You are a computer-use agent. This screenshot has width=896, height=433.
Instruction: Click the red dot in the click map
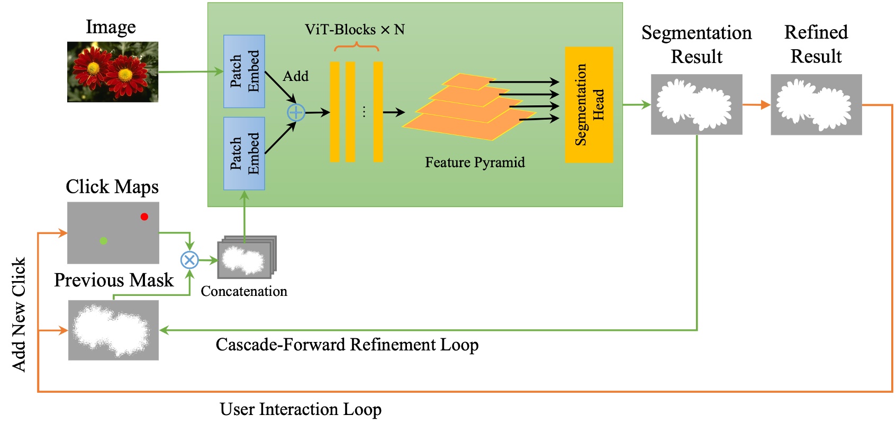click(x=144, y=216)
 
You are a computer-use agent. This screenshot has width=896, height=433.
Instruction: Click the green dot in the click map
click(x=103, y=241)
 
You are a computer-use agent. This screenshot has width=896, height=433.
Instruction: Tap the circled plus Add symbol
click(x=296, y=112)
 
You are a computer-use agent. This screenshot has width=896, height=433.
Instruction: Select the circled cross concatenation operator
click(x=189, y=260)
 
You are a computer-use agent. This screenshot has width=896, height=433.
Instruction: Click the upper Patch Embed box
click(x=244, y=71)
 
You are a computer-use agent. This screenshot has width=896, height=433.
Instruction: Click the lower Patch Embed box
click(x=244, y=154)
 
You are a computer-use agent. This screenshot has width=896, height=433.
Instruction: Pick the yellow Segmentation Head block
click(x=589, y=105)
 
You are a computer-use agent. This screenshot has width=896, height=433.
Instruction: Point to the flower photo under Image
click(x=113, y=72)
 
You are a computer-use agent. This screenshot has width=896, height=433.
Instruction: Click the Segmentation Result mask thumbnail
click(x=696, y=104)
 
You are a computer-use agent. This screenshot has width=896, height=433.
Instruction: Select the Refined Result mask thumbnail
click(x=816, y=104)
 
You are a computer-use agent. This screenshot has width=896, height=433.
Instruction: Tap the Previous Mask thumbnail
click(x=113, y=330)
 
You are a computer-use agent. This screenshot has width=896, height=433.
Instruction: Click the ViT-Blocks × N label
click(x=355, y=30)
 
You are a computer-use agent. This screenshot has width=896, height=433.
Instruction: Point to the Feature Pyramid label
click(x=475, y=163)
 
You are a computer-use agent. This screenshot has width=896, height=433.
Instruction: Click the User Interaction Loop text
click(x=300, y=409)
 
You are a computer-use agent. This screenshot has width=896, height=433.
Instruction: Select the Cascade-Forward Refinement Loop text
click(x=347, y=345)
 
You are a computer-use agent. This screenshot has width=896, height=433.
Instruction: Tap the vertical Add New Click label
click(x=19, y=314)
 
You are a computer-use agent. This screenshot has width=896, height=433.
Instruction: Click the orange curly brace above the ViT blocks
click(x=356, y=48)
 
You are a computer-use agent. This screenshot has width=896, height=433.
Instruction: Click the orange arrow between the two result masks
click(x=756, y=105)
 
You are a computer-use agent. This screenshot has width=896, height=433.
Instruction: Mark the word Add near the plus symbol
click(x=295, y=76)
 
